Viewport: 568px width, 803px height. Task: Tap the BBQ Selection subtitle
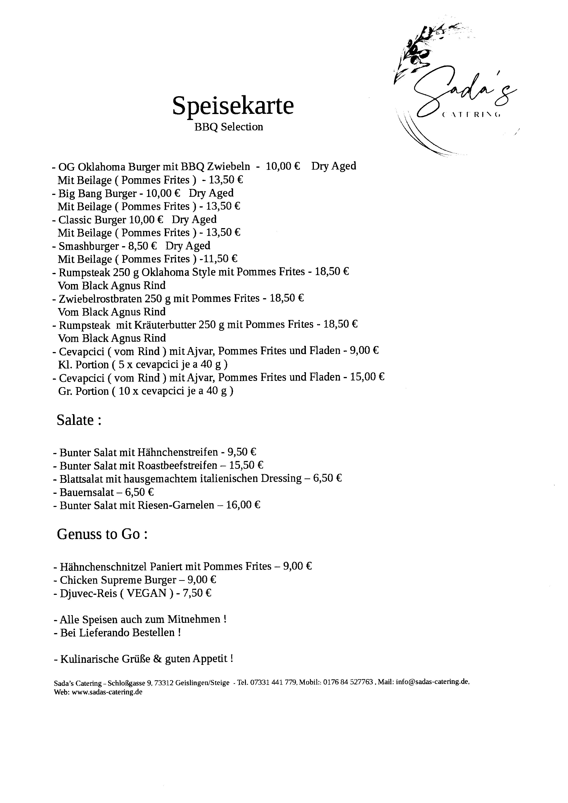pos(228,127)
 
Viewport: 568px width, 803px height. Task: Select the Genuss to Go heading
pos(102,534)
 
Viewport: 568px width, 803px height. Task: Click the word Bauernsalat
pos(87,492)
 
